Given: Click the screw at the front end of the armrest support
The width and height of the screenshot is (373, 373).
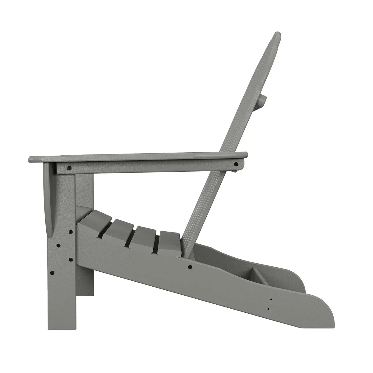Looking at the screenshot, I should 69,168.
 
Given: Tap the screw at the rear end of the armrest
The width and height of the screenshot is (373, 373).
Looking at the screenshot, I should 236,164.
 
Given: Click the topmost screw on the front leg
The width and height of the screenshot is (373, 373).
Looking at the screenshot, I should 70,232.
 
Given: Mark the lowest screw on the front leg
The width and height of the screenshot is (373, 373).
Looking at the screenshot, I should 52,273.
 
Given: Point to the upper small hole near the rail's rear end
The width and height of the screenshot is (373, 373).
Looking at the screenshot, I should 271,299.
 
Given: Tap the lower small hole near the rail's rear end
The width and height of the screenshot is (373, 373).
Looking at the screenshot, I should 268,309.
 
